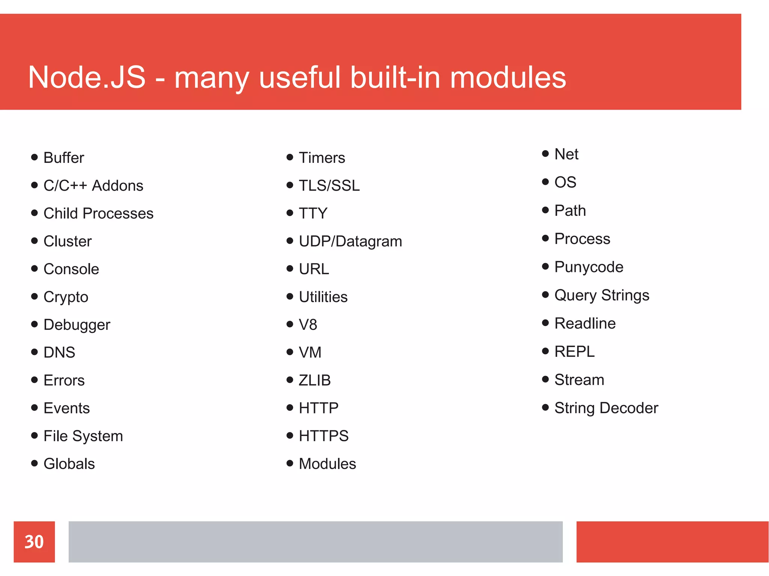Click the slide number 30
34,541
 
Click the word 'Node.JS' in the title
87,77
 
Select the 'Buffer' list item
63,158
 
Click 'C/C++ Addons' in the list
93,185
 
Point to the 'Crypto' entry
66,297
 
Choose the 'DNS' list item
59,352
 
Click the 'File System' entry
83,436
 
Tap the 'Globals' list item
69,464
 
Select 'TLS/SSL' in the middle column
329,185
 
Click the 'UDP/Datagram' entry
350,241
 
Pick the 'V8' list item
308,325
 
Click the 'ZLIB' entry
314,380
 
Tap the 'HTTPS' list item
323,436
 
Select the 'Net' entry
566,154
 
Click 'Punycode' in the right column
588,267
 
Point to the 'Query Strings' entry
602,295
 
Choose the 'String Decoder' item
606,408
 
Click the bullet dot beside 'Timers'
290,157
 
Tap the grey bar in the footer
315,541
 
